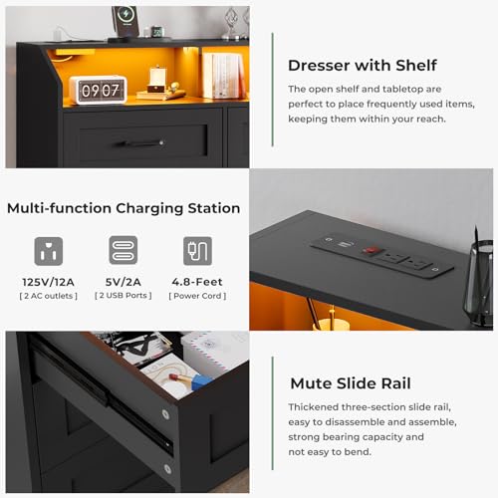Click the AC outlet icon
49,251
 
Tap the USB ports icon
124,250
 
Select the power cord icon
197,251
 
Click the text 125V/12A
48,282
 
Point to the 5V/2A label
124,282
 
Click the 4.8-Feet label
197,282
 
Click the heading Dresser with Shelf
363,66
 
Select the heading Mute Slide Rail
351,383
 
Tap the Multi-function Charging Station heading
124,209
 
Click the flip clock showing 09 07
98,90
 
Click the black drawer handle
139,143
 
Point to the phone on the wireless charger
125,21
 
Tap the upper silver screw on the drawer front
165,414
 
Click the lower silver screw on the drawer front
167,469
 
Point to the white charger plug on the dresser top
59,34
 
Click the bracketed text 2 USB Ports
124,296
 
